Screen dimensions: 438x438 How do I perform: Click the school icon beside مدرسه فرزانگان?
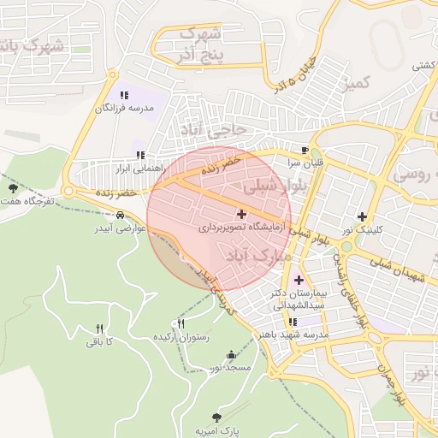click(123, 96)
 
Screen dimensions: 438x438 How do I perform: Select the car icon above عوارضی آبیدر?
click(129, 216)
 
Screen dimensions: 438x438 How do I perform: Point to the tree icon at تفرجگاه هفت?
click(12, 188)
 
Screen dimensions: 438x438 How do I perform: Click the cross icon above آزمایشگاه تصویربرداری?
click(240, 214)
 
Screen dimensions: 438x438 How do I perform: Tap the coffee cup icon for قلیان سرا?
click(305, 149)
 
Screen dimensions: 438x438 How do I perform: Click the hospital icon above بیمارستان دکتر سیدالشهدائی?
click(299, 280)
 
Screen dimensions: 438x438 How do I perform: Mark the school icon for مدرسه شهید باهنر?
click(293, 323)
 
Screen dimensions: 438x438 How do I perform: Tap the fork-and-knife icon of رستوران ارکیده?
click(180, 324)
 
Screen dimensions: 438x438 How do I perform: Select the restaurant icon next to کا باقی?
click(99, 328)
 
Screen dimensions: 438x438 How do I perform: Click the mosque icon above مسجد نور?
click(230, 355)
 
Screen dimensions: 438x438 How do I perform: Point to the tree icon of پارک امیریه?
click(216, 417)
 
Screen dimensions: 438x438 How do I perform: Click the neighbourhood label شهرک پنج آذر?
click(203, 45)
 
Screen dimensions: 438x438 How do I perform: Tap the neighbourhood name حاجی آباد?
click(211, 128)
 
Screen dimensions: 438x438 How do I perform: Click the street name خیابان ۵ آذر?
click(295, 73)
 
